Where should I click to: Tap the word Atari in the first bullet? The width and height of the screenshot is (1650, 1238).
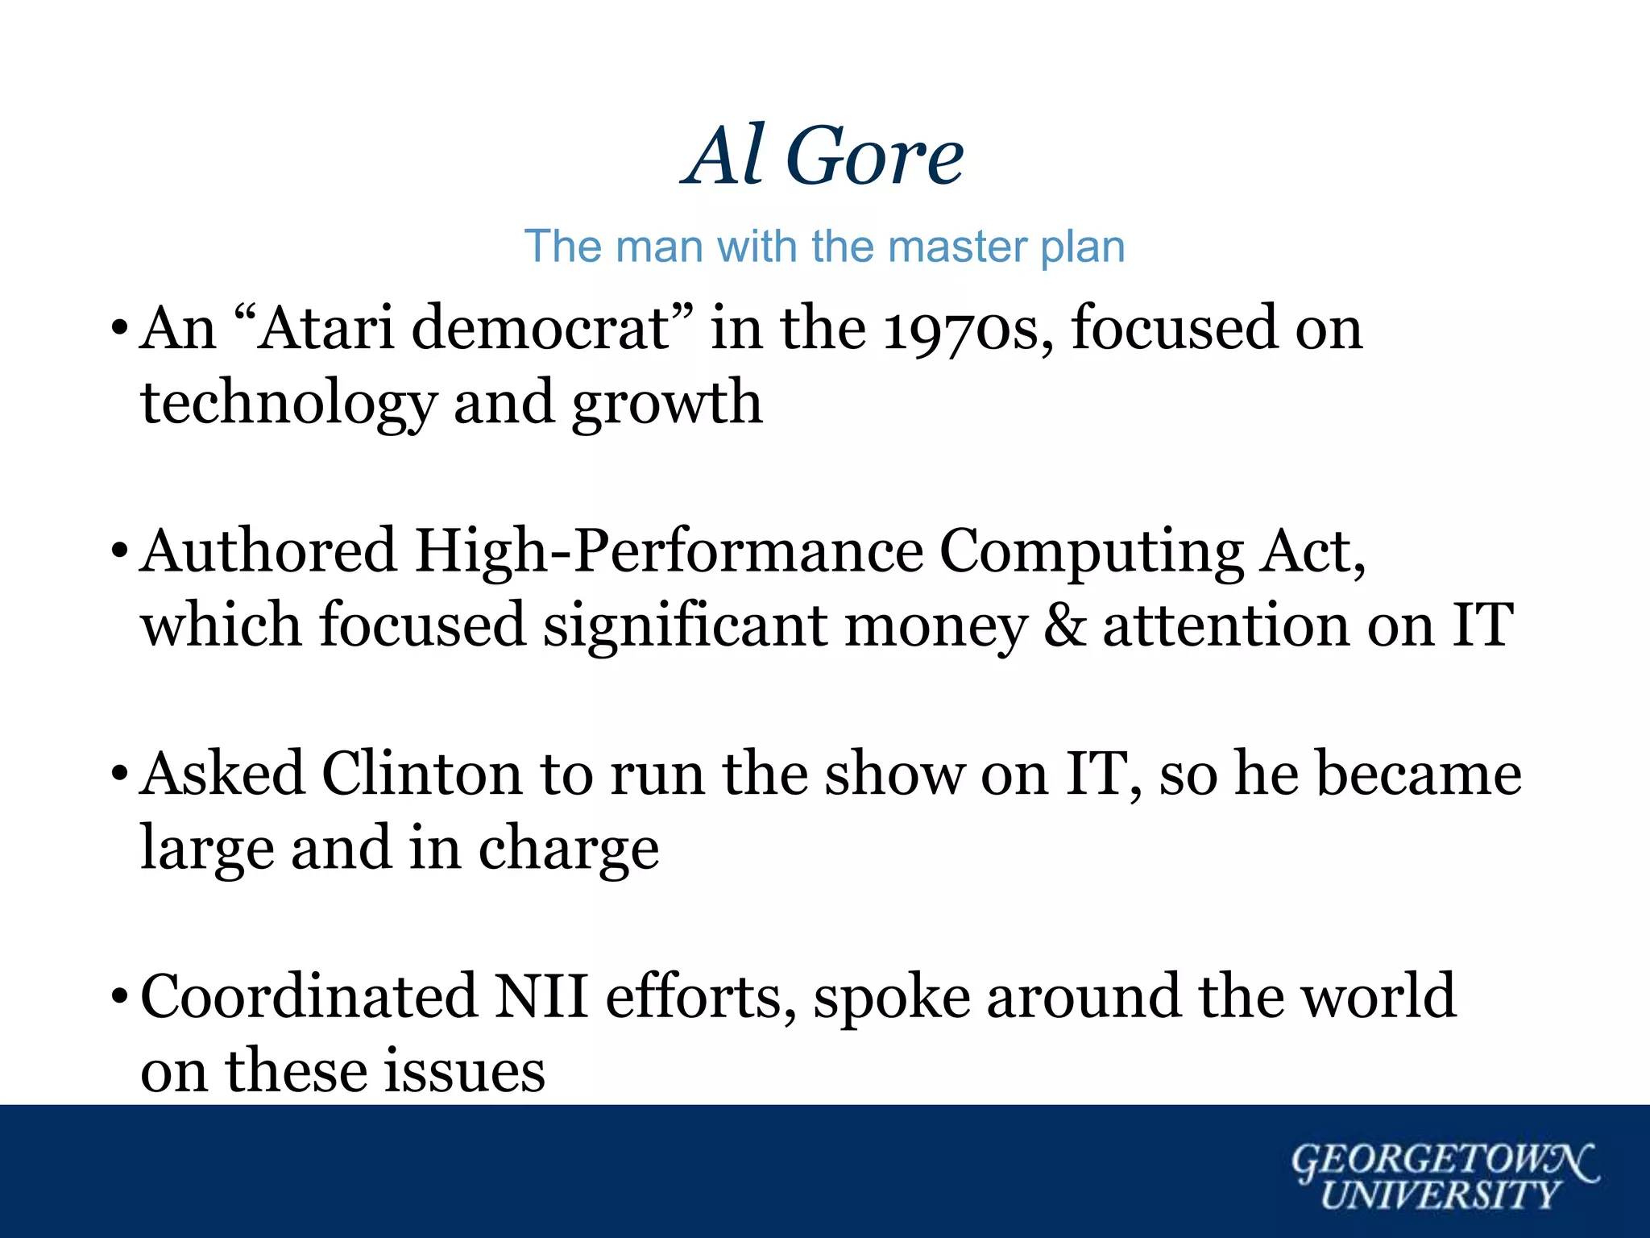(326, 328)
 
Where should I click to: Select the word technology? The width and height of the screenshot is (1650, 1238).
(288, 403)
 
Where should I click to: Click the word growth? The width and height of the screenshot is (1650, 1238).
(666, 403)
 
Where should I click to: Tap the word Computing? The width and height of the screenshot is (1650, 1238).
(1092, 551)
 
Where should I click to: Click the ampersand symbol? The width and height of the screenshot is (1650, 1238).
(1064, 625)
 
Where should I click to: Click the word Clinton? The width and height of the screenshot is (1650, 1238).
(422, 774)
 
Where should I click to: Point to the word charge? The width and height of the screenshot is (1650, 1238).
(569, 848)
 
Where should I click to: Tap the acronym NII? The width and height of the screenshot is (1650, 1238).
(541, 996)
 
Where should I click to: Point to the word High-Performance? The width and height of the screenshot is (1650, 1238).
(669, 551)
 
